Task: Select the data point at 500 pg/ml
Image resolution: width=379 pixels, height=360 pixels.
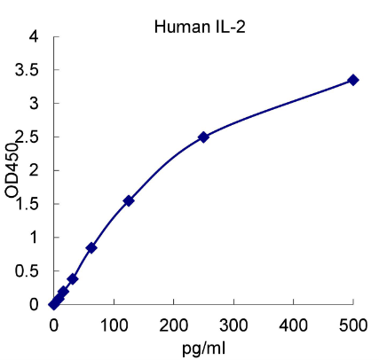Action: (353, 80)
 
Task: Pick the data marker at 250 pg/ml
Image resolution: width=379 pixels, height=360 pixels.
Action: (203, 137)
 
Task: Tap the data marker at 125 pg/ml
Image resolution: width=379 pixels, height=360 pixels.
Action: (129, 200)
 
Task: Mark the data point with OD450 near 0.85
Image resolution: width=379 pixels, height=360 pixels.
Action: (91, 247)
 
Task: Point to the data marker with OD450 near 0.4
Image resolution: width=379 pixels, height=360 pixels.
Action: (73, 278)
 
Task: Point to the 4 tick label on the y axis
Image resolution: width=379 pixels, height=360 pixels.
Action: (33, 37)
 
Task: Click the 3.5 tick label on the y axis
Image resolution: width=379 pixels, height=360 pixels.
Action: (28, 70)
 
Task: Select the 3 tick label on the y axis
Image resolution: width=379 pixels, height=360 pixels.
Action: (33, 104)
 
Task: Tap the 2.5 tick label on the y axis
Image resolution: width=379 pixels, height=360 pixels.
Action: (28, 137)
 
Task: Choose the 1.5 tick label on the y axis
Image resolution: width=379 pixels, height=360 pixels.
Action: (28, 204)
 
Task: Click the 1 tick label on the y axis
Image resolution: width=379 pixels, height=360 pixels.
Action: (33, 238)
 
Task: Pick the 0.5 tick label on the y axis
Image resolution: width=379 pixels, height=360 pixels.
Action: (28, 270)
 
